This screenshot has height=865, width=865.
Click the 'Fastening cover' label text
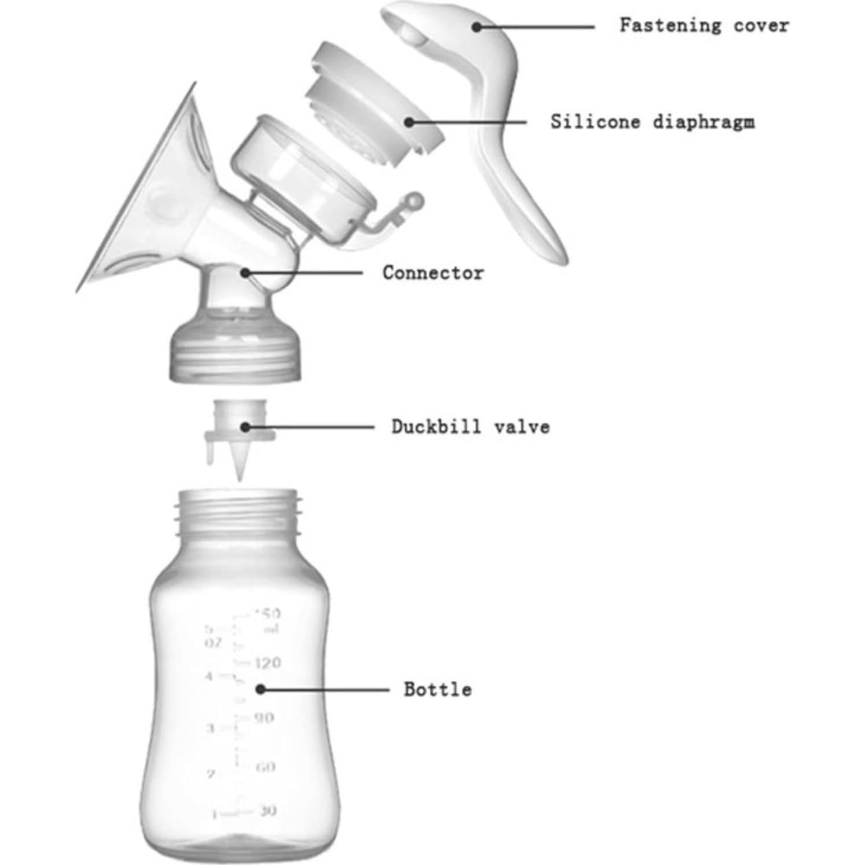point(703,26)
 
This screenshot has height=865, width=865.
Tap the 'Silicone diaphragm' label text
point(653,122)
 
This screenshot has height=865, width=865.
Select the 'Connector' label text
point(432,273)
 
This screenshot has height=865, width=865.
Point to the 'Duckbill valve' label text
point(470,427)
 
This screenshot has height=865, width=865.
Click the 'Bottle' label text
point(437,690)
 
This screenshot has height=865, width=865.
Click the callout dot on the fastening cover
point(477,27)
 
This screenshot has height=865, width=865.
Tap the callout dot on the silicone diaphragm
point(409,122)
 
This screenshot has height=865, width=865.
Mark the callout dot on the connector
point(245,272)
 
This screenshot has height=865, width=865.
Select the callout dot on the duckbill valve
point(245,427)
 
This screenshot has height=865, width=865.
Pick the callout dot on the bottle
point(261,689)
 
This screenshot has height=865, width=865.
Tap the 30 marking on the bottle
point(267,811)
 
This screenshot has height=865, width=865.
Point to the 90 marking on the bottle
point(264,718)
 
